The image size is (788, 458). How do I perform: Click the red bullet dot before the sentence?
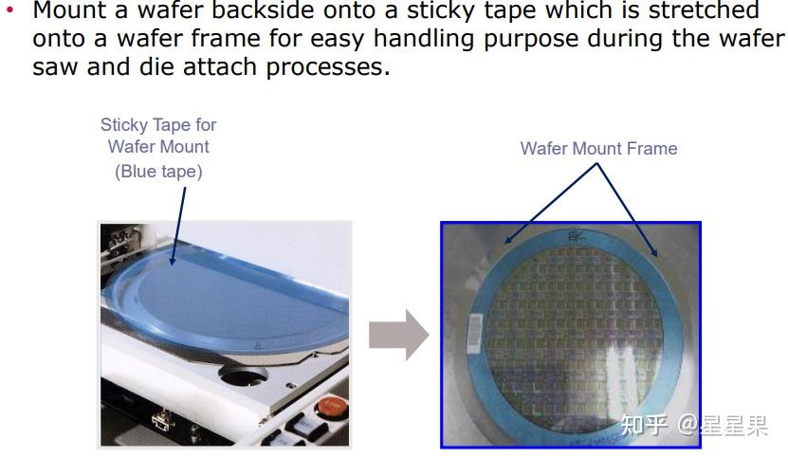10,11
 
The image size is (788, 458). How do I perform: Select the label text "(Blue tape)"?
158,172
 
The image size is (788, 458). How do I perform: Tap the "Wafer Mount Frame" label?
598,149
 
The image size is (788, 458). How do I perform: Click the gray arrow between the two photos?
398,334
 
